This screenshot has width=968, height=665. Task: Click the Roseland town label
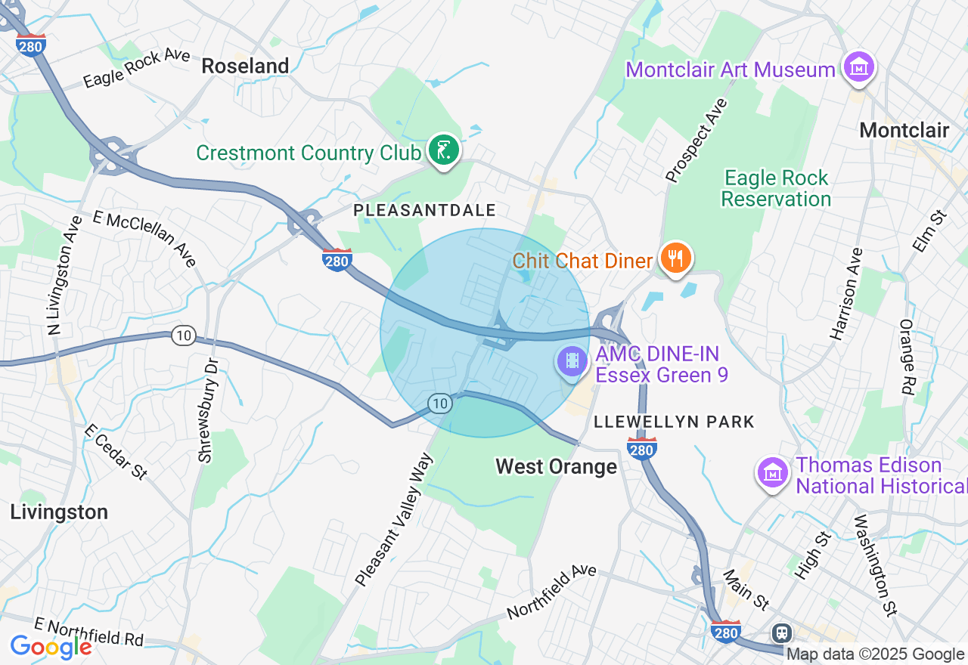[x=245, y=66]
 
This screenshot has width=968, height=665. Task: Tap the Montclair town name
[x=904, y=130]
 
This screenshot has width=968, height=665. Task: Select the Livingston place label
[x=59, y=512]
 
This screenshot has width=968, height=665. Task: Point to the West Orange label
[x=556, y=466]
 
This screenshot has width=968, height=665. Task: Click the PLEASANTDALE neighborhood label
[x=425, y=211]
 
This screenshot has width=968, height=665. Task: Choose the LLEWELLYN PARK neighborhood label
[x=674, y=422]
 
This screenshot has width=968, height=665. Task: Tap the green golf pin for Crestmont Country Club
[x=442, y=150]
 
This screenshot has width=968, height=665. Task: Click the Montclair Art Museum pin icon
[x=858, y=67]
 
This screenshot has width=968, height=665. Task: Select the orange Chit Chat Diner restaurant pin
[x=675, y=258]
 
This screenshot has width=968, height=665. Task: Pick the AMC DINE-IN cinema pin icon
[x=572, y=361]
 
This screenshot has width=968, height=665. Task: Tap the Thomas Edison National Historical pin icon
[x=773, y=474]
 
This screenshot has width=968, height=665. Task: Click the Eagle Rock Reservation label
[x=776, y=188]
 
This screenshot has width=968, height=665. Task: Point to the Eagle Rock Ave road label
[x=136, y=70]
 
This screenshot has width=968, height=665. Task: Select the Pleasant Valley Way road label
[x=394, y=519]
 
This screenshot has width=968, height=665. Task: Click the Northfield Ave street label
[x=551, y=592]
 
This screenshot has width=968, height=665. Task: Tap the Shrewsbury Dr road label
[x=207, y=410]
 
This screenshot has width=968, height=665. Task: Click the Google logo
[x=51, y=646]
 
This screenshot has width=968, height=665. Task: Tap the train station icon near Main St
[x=781, y=632]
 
